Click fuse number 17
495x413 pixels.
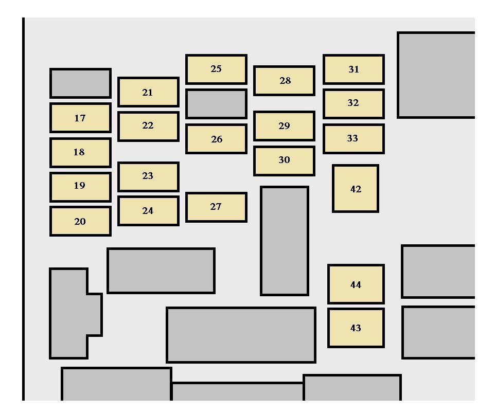80,118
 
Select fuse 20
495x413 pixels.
80,221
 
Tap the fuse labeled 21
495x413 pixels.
148,92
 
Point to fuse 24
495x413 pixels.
148,210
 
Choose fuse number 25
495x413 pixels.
216,69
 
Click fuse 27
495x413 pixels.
216,207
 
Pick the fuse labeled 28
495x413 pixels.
284,81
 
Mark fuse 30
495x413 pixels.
284,160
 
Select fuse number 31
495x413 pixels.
353,69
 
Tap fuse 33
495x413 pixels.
353,138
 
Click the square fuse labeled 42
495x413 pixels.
356,189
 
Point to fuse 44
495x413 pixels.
356,284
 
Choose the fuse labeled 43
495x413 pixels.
356,328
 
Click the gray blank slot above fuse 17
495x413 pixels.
80,83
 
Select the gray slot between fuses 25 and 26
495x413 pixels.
216,103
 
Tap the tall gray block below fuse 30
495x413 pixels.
285,241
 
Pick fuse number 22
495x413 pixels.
148,126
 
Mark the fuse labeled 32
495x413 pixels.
353,103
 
